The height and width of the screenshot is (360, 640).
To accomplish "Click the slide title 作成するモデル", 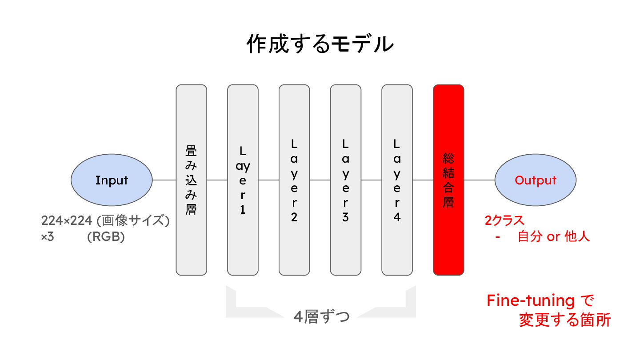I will [x=320, y=44].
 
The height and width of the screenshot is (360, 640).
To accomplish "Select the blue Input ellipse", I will [x=112, y=180].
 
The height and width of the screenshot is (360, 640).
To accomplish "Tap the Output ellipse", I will [x=535, y=180].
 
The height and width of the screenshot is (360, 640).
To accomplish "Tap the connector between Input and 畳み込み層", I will [x=164, y=180].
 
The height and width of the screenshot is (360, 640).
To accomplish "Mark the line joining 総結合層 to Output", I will [x=479, y=180].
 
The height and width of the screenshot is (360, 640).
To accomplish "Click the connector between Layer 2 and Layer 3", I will [x=320, y=180].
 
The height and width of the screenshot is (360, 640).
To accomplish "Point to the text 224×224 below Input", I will [x=67, y=221].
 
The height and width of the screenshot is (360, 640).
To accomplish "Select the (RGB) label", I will [x=106, y=237].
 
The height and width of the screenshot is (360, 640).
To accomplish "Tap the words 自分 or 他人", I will [x=554, y=236].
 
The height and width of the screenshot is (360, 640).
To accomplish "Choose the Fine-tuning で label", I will [x=540, y=301].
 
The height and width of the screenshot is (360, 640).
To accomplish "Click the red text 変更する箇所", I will [x=564, y=320].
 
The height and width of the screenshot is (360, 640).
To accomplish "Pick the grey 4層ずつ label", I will [x=321, y=317].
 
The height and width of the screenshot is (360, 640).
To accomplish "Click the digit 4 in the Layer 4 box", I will [x=397, y=218].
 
